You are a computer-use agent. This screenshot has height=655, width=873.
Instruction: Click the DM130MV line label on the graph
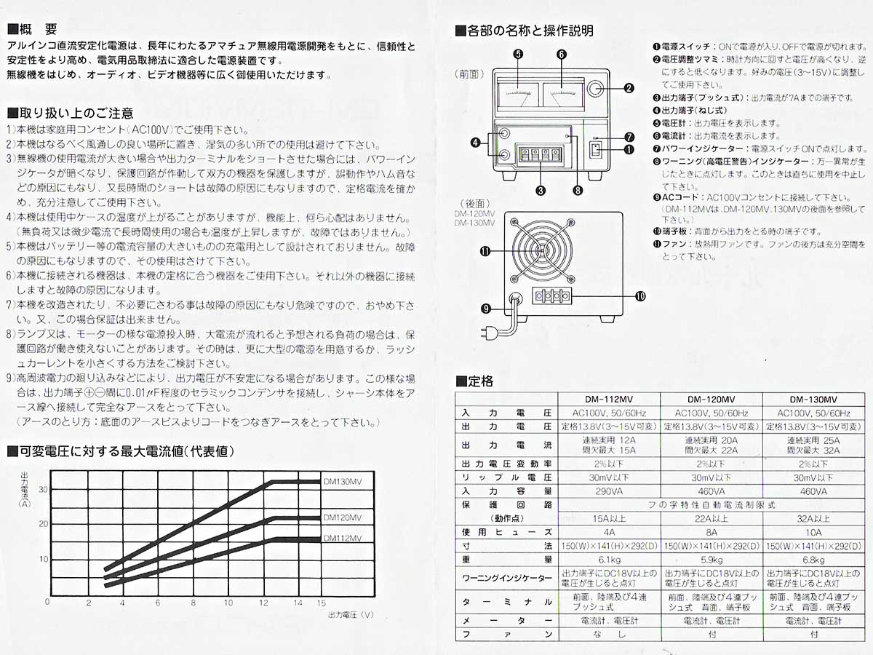(x=341, y=481)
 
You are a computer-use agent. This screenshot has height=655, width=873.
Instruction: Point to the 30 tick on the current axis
(x=43, y=489)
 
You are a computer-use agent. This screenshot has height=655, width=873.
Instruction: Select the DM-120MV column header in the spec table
(x=711, y=400)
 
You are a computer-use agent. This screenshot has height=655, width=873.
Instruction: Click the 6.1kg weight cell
(x=607, y=560)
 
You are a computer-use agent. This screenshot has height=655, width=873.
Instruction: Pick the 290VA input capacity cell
(x=607, y=491)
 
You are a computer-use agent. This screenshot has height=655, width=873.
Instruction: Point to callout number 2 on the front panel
(x=629, y=89)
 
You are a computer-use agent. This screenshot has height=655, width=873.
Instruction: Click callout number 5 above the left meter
(x=517, y=54)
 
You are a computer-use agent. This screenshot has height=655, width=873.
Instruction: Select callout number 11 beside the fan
(x=485, y=251)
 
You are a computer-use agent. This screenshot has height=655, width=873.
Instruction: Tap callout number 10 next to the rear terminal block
(x=641, y=295)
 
